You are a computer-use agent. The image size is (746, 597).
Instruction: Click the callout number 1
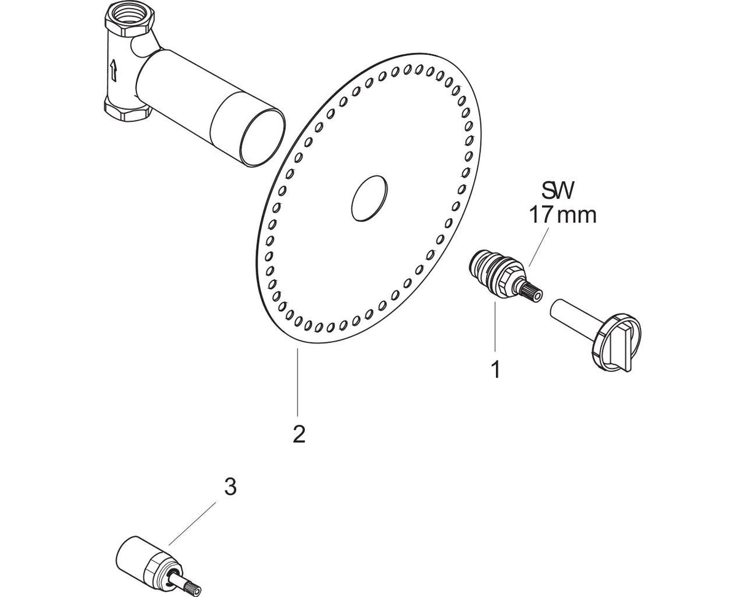coord(496,369)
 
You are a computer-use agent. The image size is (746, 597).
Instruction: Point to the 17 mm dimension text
coord(562,215)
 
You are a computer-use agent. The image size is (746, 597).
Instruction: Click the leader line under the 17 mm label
coord(538,247)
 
